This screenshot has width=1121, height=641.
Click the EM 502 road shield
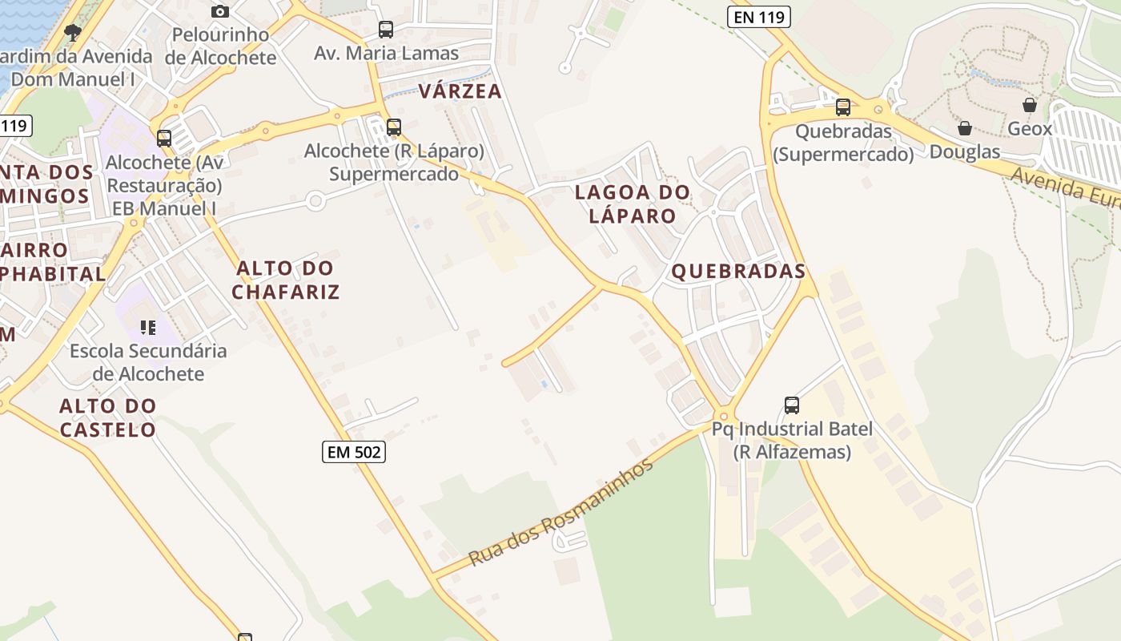(355, 452)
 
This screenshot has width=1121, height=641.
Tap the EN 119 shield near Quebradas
(759, 17)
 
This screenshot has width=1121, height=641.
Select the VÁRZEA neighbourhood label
(460, 91)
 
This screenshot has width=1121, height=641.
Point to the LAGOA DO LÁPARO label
(633, 204)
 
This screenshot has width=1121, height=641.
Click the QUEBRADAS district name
(738, 272)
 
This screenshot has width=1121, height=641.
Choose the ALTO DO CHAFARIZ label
(286, 280)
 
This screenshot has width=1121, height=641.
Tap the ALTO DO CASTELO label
(108, 417)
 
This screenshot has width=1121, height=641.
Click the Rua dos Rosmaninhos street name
(561, 513)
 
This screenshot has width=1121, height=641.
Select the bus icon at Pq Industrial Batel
(792, 405)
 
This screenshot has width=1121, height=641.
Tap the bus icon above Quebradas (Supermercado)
(843, 107)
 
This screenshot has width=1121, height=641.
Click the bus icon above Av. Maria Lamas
(386, 30)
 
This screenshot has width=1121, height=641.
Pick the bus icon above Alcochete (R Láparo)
(394, 127)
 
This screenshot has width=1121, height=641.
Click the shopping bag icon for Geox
(1030, 105)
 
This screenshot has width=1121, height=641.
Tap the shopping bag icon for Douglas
(965, 128)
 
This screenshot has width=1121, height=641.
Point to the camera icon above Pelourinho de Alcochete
(220, 11)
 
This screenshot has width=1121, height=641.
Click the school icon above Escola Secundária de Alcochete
(148, 327)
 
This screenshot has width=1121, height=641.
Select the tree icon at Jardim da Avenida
(73, 33)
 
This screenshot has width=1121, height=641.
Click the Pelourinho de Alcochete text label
(221, 46)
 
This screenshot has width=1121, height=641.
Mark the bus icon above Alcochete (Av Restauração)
(164, 139)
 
